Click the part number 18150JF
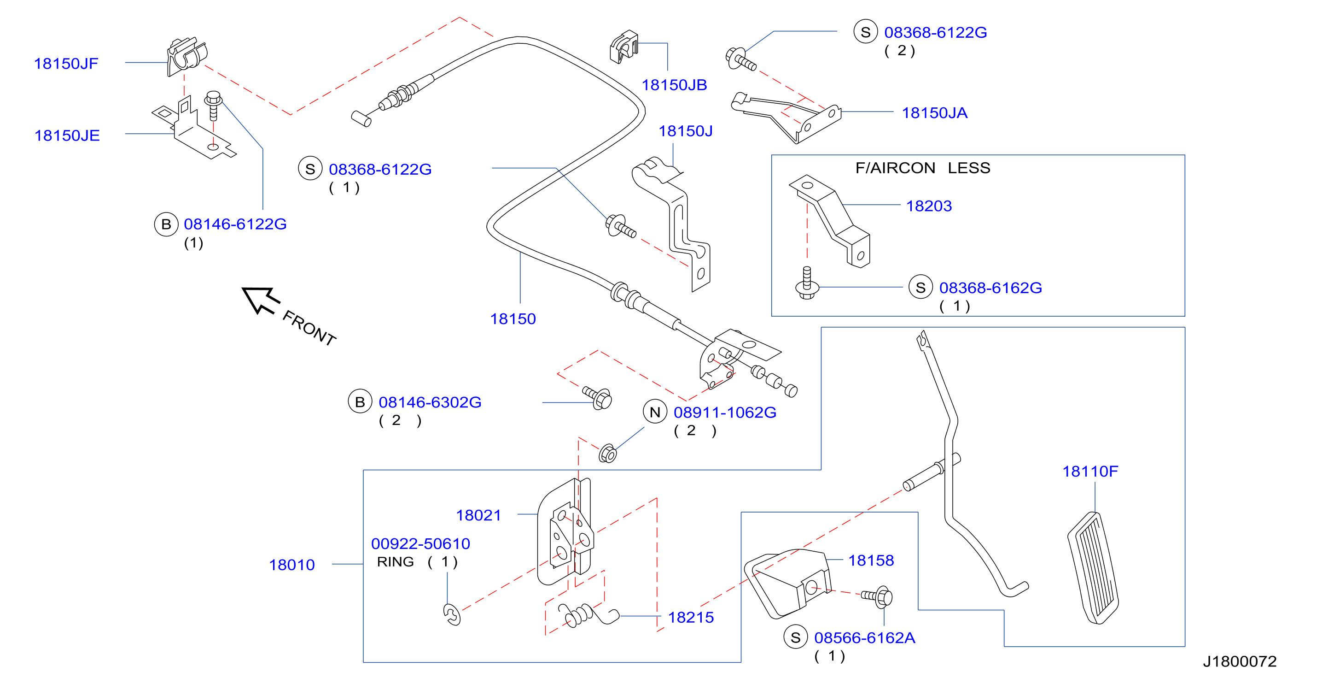point(66,64)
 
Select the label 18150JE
point(67,136)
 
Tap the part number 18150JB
point(674,85)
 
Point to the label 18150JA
point(934,113)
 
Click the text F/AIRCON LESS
point(923,168)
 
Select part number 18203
point(929,206)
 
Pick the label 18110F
point(1090,471)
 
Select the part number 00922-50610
point(421,544)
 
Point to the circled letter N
point(655,412)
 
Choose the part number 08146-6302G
point(430,402)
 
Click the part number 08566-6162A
point(865,638)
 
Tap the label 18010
point(292,565)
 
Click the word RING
point(396,562)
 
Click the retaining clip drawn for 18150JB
point(623,47)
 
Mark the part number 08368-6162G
point(990,288)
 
